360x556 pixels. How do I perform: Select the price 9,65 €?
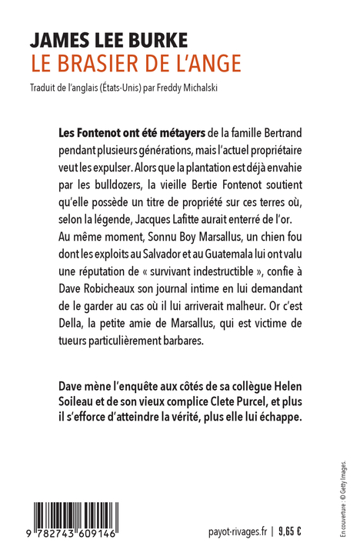coord(289,531)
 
